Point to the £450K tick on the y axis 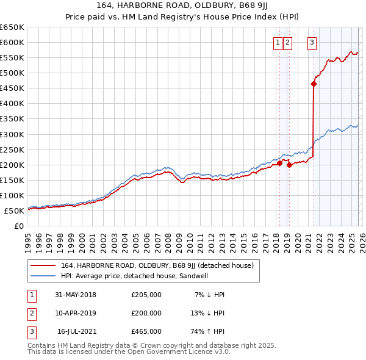click(12, 88)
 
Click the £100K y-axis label click(12, 195)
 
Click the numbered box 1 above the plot click(278, 42)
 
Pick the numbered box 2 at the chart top click(287, 42)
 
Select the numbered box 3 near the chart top click(312, 42)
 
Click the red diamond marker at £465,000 click(314, 84)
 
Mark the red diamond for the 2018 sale click(279, 163)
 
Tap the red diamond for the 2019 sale click(289, 165)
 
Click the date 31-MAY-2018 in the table click(76, 295)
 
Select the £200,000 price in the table click(146, 313)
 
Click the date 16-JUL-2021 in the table click(76, 331)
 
